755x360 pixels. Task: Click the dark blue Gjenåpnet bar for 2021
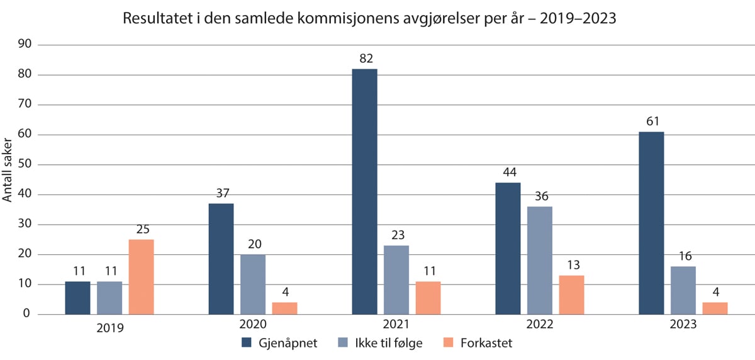364,191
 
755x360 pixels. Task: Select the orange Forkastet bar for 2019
141,277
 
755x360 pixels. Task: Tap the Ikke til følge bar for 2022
540,261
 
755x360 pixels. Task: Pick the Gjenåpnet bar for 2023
651,223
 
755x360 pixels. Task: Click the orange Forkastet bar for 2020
284,308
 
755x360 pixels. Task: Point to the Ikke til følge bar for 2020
253,284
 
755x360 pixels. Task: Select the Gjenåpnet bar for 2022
508,249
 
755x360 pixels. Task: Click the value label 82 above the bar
366,59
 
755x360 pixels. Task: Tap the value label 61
652,122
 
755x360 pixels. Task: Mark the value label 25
142,230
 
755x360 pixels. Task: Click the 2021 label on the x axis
396,325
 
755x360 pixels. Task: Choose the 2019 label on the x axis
109,327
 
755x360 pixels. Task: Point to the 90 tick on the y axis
26,45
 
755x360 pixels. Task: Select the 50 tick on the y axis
26,165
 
